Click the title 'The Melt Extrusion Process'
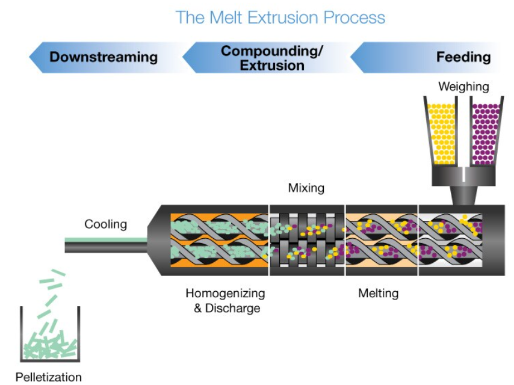tap(280, 17)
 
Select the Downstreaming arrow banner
tap(105, 57)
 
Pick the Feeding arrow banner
tap(426, 57)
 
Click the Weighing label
tap(463, 87)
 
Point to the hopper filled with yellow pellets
tap(441, 131)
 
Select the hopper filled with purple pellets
tap(486, 131)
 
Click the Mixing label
tap(306, 188)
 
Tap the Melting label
tap(379, 293)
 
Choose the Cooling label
tap(105, 224)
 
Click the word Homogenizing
tap(225, 293)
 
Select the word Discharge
tap(233, 309)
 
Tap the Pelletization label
tap(49, 377)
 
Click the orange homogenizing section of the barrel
tap(219, 240)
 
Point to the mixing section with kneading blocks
tap(307, 240)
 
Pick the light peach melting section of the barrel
tap(382, 240)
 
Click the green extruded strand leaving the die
tap(106, 240)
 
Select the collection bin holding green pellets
tap(50, 334)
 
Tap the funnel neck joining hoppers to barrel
tap(463, 196)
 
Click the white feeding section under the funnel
tap(451, 240)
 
